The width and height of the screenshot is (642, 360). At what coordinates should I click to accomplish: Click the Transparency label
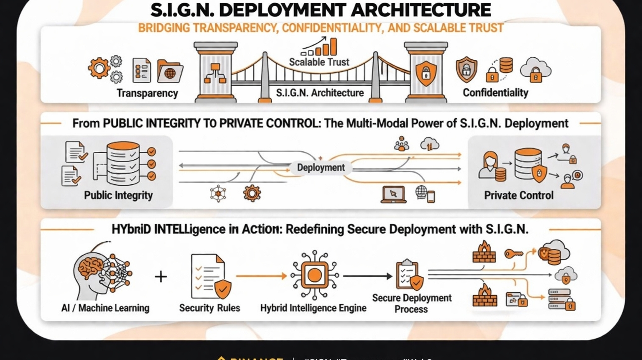147,93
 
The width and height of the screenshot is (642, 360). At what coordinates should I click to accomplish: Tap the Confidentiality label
495,92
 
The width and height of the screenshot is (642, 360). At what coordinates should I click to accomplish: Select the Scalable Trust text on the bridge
319,62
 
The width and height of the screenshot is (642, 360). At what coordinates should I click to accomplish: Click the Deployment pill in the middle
321,168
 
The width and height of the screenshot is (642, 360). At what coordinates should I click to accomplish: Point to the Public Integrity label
118,195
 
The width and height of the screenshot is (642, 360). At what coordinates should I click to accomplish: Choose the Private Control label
518,195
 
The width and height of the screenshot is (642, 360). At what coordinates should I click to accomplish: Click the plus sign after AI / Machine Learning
161,276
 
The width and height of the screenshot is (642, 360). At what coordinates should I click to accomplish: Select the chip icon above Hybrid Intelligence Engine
314,275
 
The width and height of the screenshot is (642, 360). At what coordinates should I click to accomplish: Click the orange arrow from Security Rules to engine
261,276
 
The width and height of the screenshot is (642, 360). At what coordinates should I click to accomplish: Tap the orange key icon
513,254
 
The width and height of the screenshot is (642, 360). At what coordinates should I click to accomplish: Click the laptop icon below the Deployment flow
393,194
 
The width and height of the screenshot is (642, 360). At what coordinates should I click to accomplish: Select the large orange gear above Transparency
99,68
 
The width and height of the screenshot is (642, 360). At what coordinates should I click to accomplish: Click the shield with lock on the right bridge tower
425,72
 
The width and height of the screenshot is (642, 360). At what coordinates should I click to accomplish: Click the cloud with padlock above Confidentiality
535,70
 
